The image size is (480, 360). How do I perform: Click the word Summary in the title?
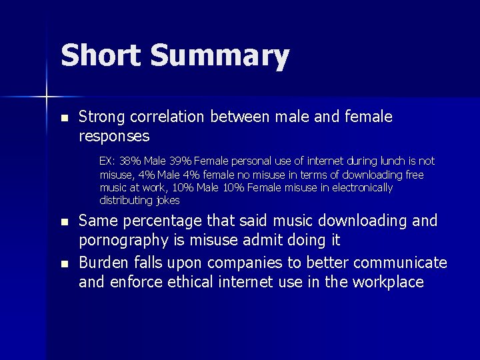(x=220, y=57)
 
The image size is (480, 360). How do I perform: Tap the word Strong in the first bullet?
(x=101, y=117)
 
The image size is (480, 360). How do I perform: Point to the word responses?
(x=114, y=137)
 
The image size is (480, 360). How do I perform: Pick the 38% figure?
(x=131, y=161)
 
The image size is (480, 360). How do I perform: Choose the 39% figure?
(x=180, y=161)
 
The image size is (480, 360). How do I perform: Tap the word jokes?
(x=167, y=201)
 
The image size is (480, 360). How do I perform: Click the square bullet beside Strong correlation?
(x=64, y=118)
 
